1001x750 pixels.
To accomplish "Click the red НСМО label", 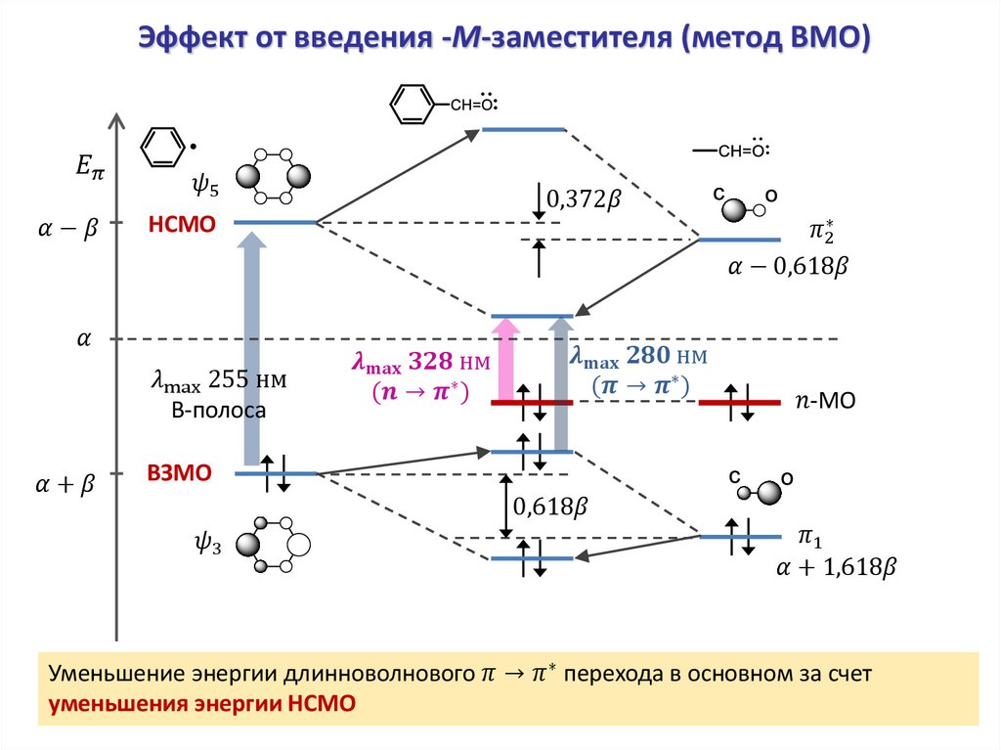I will (x=181, y=225).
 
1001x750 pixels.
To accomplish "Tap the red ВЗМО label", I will (x=180, y=473).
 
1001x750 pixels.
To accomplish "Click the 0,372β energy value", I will (x=584, y=199).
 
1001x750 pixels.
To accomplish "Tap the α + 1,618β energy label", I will (x=836, y=568).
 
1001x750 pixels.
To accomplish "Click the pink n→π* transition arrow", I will (x=505, y=360).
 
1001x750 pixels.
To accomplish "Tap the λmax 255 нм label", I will (x=218, y=381).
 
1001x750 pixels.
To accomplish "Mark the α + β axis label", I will (x=65, y=485).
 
